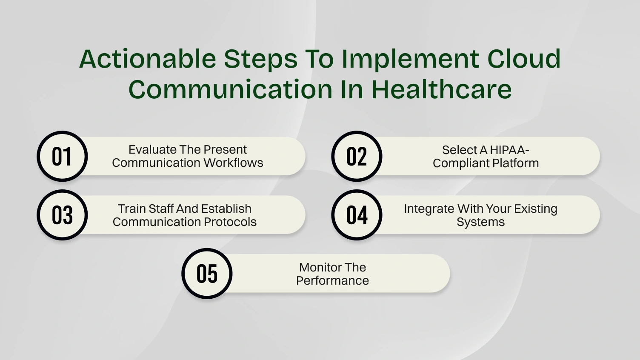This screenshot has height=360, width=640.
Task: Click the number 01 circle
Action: [x=62, y=156]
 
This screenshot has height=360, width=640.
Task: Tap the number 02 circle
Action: [x=357, y=156]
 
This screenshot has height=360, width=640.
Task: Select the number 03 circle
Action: [x=62, y=215]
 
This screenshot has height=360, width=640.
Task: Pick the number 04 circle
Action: [x=357, y=215]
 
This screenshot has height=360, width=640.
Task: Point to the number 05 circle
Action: [x=207, y=274]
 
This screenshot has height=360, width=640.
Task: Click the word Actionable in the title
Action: [x=148, y=59]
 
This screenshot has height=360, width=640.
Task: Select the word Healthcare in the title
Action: [x=441, y=89]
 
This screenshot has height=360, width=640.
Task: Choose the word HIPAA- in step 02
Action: [x=509, y=150]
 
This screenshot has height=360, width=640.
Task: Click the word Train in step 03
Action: [x=132, y=209]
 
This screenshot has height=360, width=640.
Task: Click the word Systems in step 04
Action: [x=480, y=222]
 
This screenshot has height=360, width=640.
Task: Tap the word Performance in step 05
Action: [x=332, y=281]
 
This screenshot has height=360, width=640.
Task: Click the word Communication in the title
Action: [x=230, y=89]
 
